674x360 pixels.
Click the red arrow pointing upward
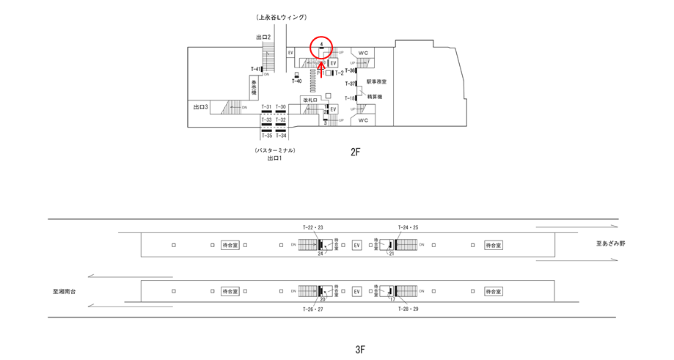pos(321,70)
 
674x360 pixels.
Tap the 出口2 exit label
pos(263,37)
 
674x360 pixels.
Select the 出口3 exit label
pos(201,108)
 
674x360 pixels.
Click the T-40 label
pos(296,81)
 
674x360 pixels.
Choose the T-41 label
pos(255,70)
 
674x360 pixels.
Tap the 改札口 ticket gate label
pos(309,100)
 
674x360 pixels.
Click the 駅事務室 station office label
pos(376,82)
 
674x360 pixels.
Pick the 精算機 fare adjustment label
pos(375,97)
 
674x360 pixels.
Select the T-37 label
pos(351,84)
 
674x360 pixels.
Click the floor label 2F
pos(356,153)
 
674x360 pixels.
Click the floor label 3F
pos(360,350)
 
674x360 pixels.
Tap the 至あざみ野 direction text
pos(611,243)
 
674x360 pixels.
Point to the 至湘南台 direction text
pos(64,291)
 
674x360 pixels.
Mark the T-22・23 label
pos(313,228)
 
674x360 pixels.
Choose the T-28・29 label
pos(408,309)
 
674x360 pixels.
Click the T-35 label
pos(266,136)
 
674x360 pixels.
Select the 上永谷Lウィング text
pos(281,17)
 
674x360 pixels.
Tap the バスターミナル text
pos(275,150)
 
